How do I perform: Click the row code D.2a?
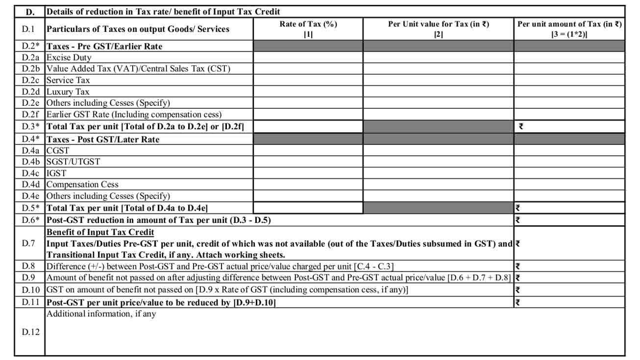point(29,57)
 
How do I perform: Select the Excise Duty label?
point(69,57)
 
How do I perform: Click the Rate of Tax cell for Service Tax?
point(308,80)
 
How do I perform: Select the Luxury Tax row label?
point(68,92)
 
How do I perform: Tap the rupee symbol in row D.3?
point(520,126)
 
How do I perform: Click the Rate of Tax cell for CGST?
point(308,150)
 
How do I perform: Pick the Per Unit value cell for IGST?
point(439,173)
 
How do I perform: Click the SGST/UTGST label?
point(74,162)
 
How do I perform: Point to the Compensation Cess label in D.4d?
point(82,185)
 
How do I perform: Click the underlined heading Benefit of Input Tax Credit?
point(100,232)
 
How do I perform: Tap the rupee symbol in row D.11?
point(517,303)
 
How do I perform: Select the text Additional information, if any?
point(101,314)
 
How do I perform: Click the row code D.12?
point(29,332)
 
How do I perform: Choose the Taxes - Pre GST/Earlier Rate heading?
point(104,46)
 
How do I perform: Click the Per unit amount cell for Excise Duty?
point(569,57)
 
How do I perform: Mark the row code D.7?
point(29,243)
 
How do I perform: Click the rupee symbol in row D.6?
point(517,220)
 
